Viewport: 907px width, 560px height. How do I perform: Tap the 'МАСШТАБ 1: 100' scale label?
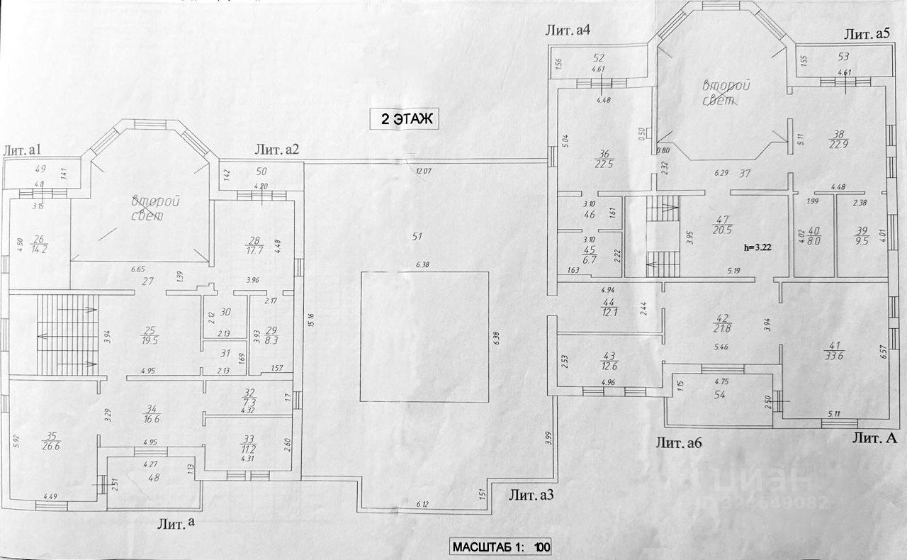point(501,547)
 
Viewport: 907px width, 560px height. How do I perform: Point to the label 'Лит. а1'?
point(24,150)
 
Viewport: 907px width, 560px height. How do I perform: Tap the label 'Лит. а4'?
point(568,30)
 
